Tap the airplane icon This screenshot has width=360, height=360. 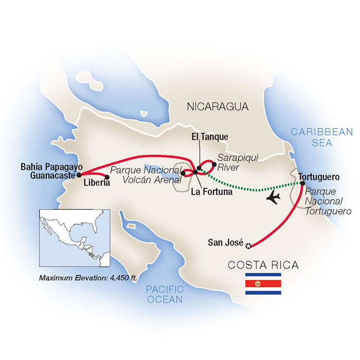click(x=273, y=197)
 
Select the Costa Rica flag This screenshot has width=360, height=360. click(x=263, y=284)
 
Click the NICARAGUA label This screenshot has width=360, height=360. click(x=218, y=107)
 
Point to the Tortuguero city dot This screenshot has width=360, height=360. click(x=300, y=182)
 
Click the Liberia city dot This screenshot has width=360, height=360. click(x=107, y=178)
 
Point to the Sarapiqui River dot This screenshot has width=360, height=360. click(x=214, y=164)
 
